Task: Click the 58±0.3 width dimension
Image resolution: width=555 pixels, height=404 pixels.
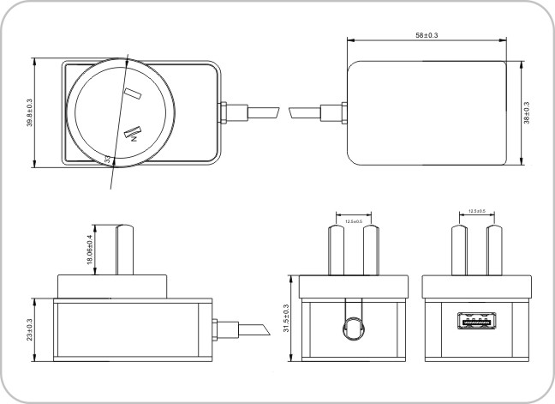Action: coord(425,35)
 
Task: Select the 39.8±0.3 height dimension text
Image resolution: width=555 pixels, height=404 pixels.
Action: coord(29,112)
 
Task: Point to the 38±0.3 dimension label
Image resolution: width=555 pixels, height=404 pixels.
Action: coord(526,112)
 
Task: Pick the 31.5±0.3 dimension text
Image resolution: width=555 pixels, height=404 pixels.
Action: coord(286,318)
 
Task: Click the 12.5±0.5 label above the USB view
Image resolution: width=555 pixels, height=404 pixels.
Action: coord(477,211)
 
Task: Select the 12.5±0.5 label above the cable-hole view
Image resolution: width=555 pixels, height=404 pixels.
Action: coord(353,221)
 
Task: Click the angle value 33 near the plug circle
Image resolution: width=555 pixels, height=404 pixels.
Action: coord(107,158)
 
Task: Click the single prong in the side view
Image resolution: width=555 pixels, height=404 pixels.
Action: coord(125,250)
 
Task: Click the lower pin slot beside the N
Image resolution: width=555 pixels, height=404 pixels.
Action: coord(134,131)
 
